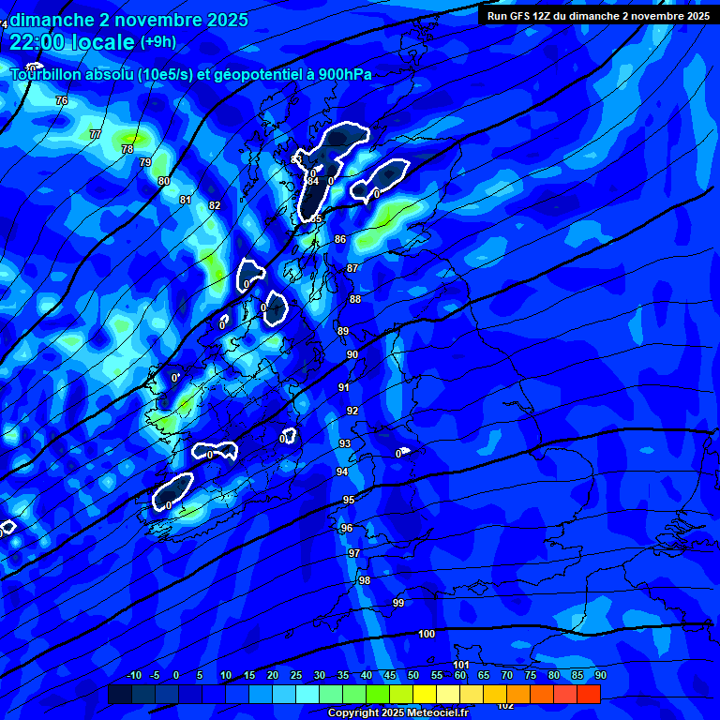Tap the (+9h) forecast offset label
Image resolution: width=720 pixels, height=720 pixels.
click(x=157, y=41)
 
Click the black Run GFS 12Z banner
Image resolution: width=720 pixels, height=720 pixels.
click(x=598, y=15)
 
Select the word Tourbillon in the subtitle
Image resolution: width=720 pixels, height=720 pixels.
click(x=53, y=75)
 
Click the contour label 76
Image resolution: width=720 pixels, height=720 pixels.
click(x=62, y=100)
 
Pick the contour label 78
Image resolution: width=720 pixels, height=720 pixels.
click(x=127, y=149)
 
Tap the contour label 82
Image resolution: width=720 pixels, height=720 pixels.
click(x=215, y=205)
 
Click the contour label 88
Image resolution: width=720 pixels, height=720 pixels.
click(x=355, y=299)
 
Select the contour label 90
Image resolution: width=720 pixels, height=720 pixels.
click(x=352, y=354)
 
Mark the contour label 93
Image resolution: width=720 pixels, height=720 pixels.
click(x=345, y=443)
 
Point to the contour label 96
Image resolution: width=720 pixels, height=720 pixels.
click(x=347, y=528)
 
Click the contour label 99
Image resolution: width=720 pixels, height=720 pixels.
click(x=398, y=603)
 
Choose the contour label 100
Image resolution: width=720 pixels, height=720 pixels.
click(x=427, y=635)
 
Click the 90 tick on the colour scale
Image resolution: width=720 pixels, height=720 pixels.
click(x=600, y=675)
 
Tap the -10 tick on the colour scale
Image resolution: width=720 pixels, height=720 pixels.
click(x=134, y=675)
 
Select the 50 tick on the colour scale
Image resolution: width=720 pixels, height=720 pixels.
click(x=413, y=675)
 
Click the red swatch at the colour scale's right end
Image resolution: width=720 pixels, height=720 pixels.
click(x=589, y=694)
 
